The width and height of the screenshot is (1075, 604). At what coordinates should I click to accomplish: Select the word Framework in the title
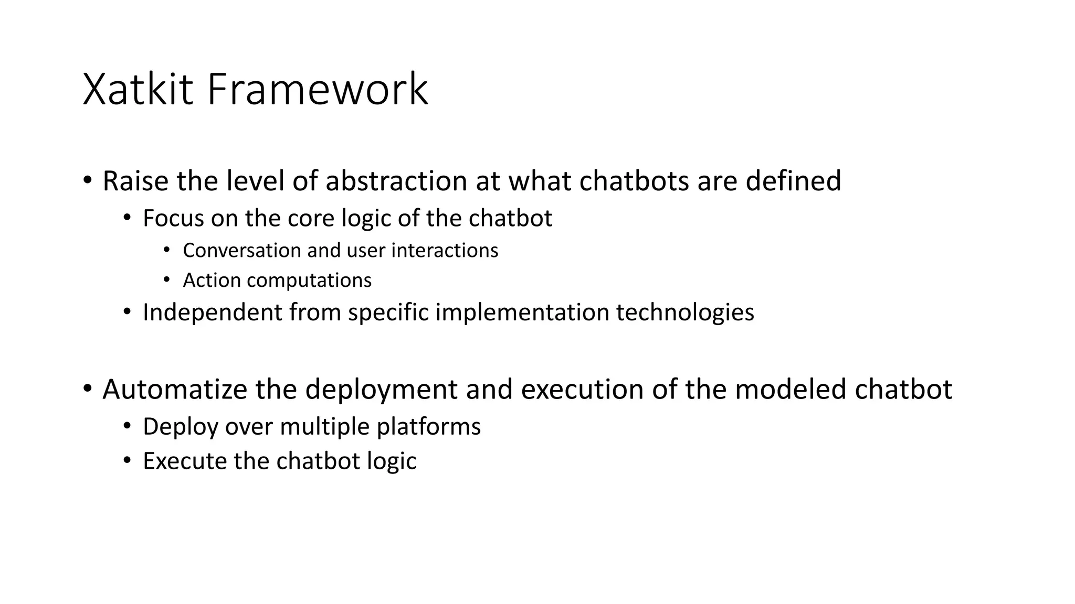click(x=318, y=90)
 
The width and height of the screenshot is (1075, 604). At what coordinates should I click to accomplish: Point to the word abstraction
click(x=396, y=181)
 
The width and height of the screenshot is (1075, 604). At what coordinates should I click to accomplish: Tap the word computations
click(x=309, y=281)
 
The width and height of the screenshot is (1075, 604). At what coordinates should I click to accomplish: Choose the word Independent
click(x=213, y=312)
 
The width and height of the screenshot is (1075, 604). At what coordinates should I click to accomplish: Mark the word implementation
click(x=522, y=312)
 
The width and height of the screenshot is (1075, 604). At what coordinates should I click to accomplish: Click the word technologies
click(x=685, y=312)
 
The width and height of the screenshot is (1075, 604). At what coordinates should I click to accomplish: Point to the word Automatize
click(x=175, y=390)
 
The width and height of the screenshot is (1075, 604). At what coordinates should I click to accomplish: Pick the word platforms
click(x=428, y=427)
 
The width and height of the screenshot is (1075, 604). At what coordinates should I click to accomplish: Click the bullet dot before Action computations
click(x=166, y=280)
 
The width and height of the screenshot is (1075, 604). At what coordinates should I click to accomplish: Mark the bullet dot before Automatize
click(x=88, y=389)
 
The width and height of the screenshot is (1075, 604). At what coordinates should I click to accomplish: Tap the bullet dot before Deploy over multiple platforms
click(x=127, y=426)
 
